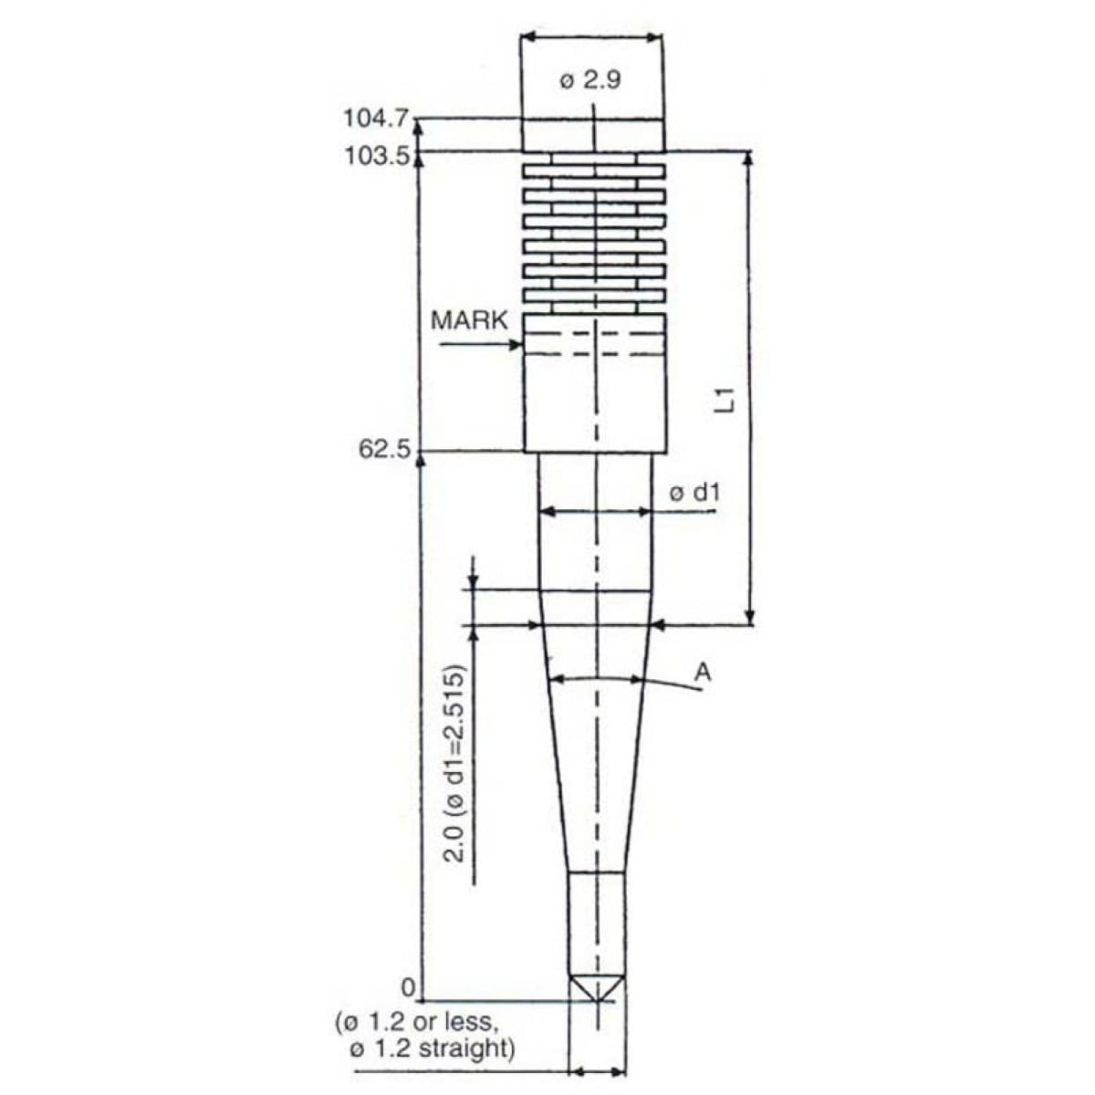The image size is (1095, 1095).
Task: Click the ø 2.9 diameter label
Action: (x=589, y=81)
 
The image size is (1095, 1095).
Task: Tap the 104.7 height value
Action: (x=379, y=119)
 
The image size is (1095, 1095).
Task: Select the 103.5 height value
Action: (x=379, y=154)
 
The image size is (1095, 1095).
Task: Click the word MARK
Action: (x=469, y=320)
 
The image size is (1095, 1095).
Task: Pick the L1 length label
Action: (x=723, y=401)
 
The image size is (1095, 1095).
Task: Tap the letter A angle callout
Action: (x=703, y=673)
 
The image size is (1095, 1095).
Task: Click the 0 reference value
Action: (x=410, y=988)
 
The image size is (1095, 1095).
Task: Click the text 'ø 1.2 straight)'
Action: (x=432, y=1049)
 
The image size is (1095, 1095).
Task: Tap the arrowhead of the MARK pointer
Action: (x=516, y=345)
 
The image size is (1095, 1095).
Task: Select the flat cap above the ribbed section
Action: (x=593, y=135)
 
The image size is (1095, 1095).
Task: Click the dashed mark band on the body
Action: (x=593, y=344)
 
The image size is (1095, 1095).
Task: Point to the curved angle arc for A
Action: (x=598, y=679)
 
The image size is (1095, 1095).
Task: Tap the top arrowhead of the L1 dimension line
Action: (x=749, y=158)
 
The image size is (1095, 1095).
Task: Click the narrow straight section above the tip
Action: (x=597, y=922)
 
